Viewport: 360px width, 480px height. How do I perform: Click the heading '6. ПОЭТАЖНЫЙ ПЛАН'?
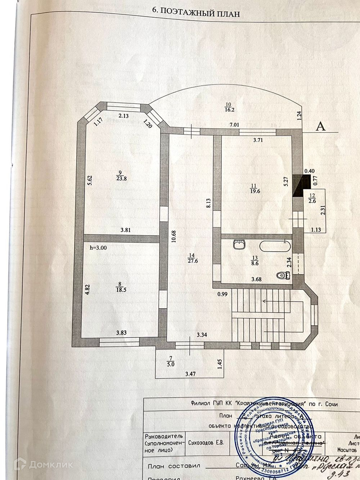pyautogui.click(x=196, y=12)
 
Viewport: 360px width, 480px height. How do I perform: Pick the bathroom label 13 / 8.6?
pyautogui.click(x=256, y=260)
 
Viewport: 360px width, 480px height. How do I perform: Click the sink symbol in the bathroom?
pyautogui.click(x=239, y=245)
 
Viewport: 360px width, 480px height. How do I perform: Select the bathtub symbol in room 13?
pyautogui.click(x=275, y=247)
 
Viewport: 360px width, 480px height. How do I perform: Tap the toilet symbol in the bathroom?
pyautogui.click(x=283, y=276)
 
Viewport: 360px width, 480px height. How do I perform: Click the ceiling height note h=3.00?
pyautogui.click(x=98, y=247)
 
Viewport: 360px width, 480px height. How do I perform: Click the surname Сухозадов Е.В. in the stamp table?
pyautogui.click(x=206, y=442)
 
